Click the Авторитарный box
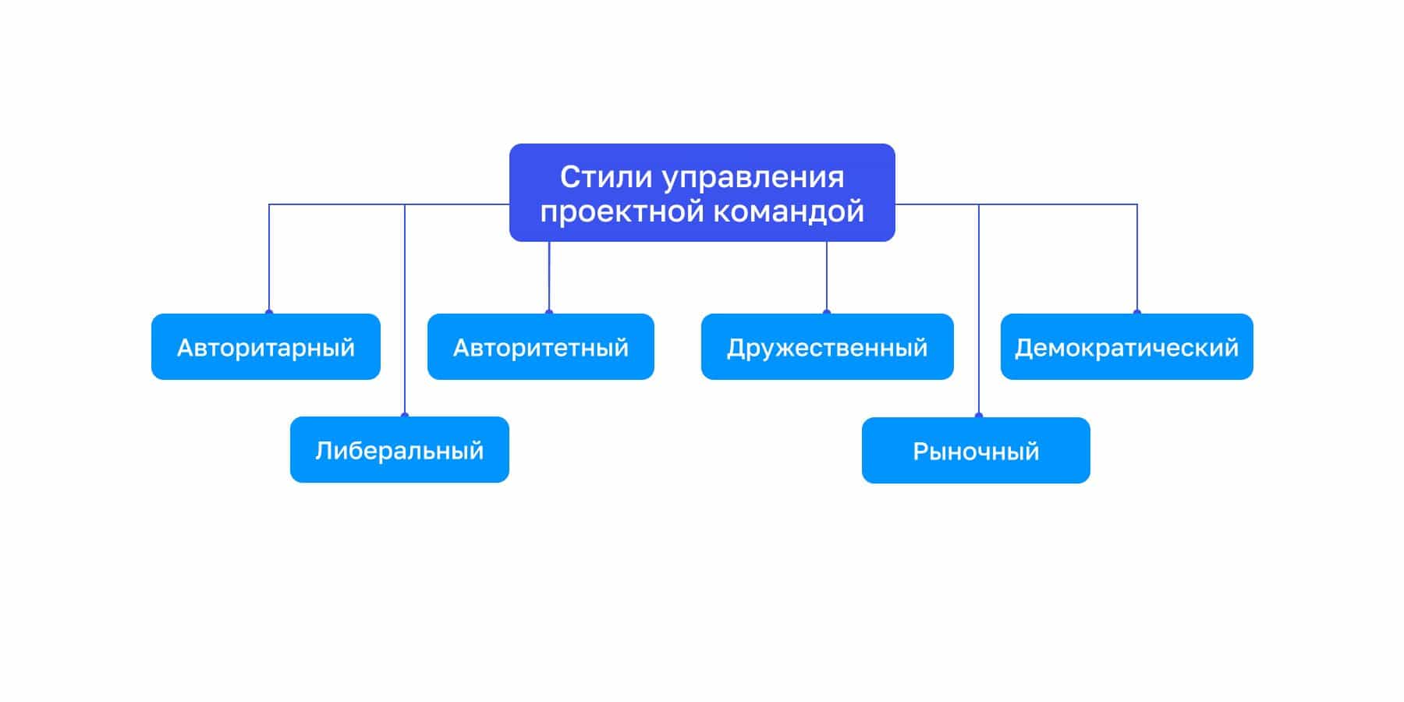click(266, 346)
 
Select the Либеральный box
click(399, 450)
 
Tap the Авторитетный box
click(541, 346)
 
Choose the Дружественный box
click(828, 346)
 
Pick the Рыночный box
click(976, 451)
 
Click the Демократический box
click(1127, 346)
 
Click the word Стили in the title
click(606, 177)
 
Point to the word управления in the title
click(753, 179)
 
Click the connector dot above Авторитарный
click(269, 313)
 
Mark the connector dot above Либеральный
click(405, 416)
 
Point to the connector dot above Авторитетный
click(549, 313)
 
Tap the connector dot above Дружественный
click(827, 313)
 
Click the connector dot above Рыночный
click(979, 416)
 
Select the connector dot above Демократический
click(1137, 313)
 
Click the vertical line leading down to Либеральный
click(405, 310)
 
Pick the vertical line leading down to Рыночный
click(979, 310)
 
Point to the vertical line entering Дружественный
click(827, 277)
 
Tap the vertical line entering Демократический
click(1137, 258)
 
